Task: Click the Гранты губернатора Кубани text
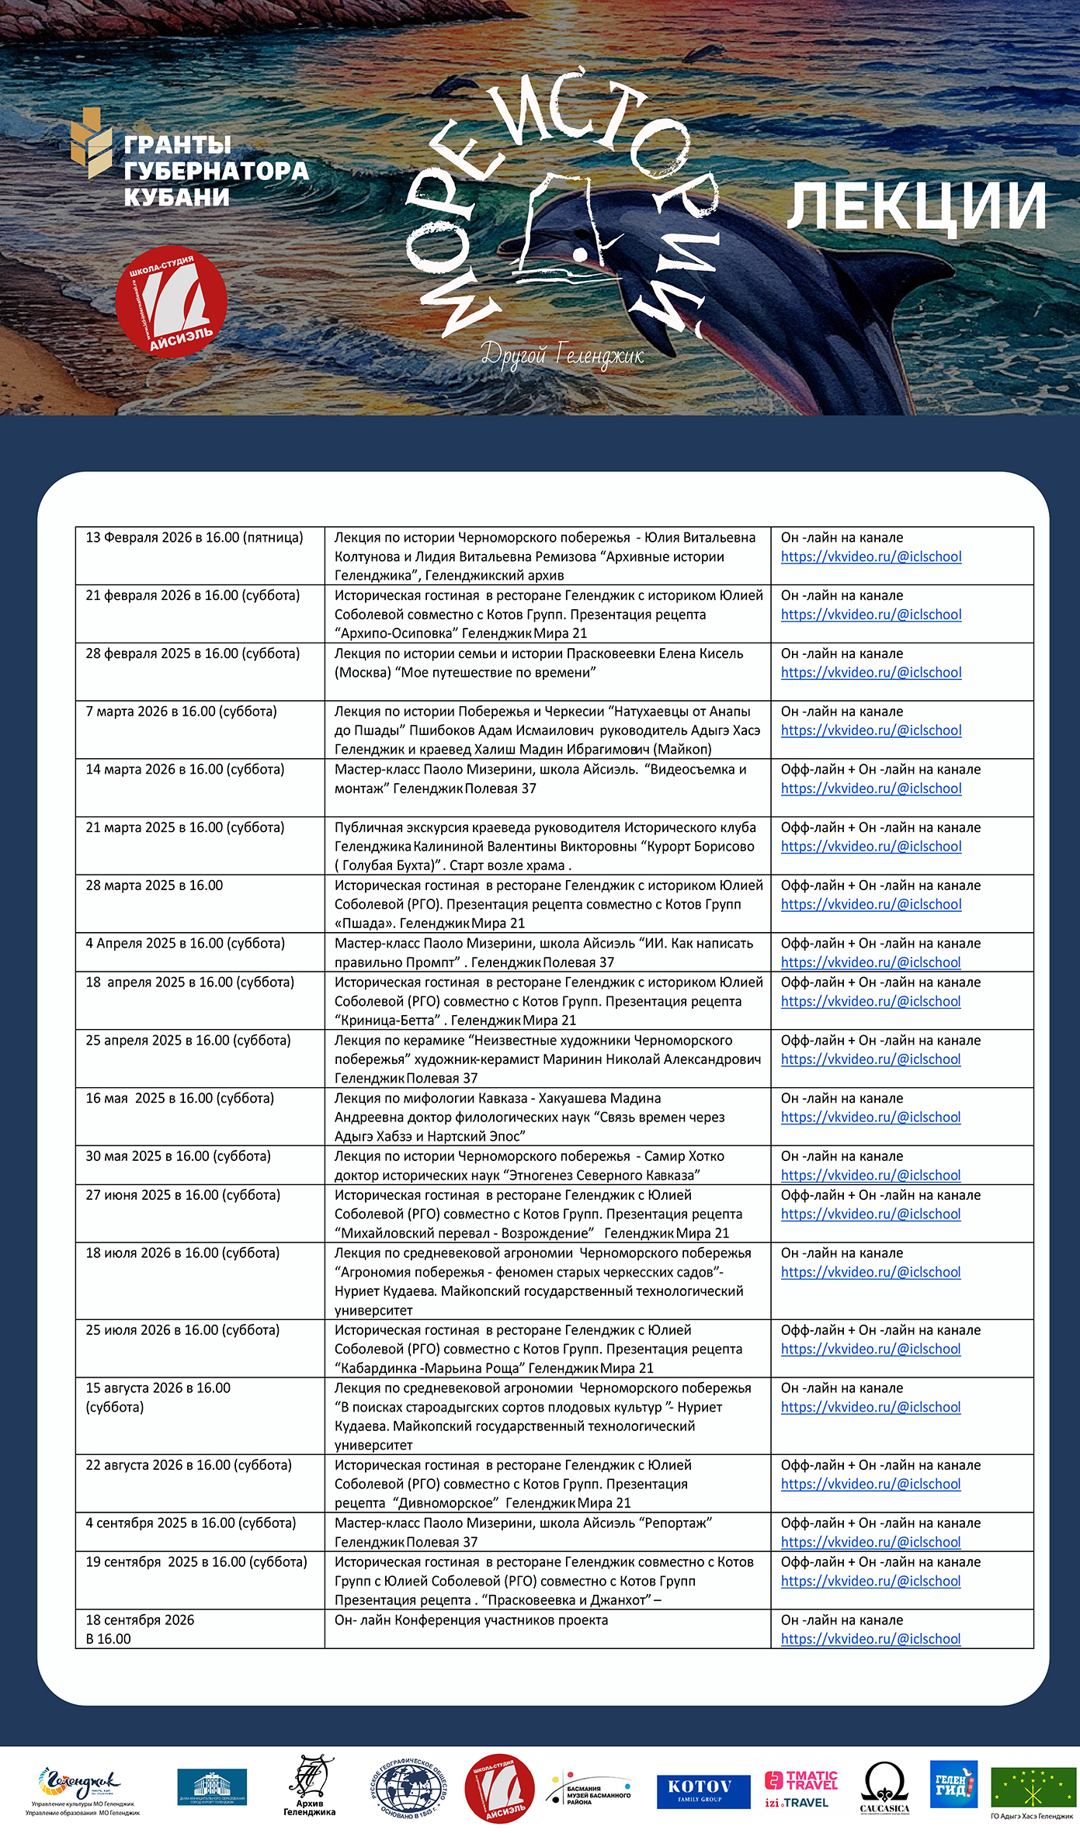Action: pyautogui.click(x=215, y=171)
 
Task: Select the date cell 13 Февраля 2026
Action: pyautogui.click(x=194, y=538)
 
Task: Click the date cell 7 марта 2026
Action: pyautogui.click(x=181, y=712)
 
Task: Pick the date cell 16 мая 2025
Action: pyautogui.click(x=179, y=1098)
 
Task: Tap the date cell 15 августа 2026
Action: pyautogui.click(x=158, y=1398)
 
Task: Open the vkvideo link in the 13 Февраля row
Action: pyautogui.click(x=871, y=557)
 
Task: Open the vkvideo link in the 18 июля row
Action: pyautogui.click(x=871, y=1273)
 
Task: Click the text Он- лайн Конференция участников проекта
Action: pyautogui.click(x=471, y=1620)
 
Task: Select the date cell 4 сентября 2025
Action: pyautogui.click(x=191, y=1523)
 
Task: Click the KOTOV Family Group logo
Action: pyautogui.click(x=703, y=1791)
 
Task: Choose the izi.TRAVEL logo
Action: pyautogui.click(x=797, y=1803)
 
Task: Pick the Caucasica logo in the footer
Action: pyautogui.click(x=884, y=1787)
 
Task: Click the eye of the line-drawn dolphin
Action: pyautogui.click(x=579, y=253)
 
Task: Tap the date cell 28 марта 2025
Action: pyautogui.click(x=155, y=885)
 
